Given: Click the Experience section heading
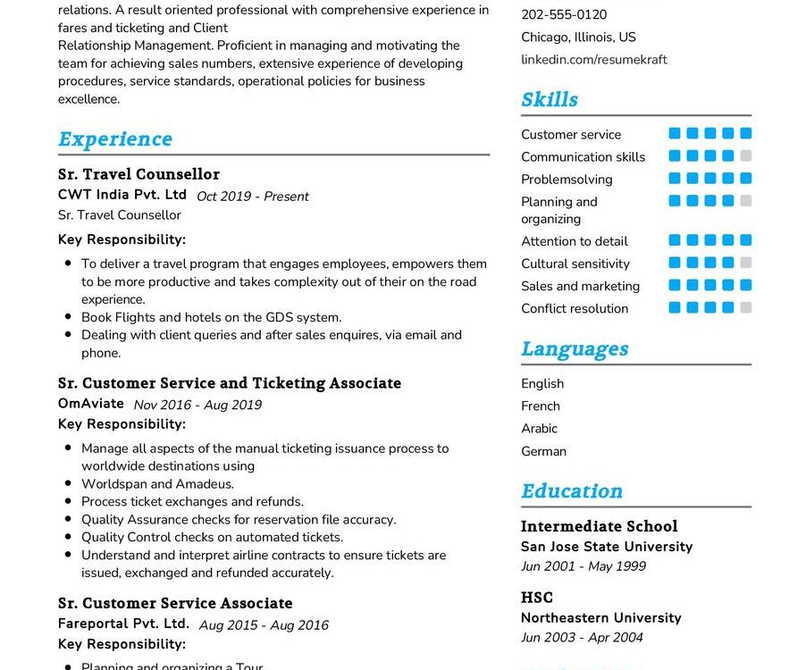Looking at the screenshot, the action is coord(115,139).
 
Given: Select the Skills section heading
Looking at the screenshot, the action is coord(550,100).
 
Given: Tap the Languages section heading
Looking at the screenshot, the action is coord(575,349).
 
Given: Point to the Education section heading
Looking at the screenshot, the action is coord(572,491).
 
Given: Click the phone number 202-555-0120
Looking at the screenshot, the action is coord(564,15).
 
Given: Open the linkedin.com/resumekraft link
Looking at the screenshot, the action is coord(594,60).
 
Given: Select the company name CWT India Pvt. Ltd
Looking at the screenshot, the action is coord(122,195).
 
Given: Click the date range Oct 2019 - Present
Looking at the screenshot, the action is coord(253,197).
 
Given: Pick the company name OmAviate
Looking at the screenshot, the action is coord(90,404).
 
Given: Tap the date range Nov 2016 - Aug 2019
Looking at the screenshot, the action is coord(197,405).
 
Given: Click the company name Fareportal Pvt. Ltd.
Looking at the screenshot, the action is coord(123,624).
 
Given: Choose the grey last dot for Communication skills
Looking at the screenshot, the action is coord(746,156).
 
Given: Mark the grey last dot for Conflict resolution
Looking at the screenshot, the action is coord(746,308).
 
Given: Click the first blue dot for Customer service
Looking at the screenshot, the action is coord(675,134).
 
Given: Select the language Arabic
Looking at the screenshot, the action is coord(539,429).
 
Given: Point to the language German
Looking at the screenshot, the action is coord(543,451).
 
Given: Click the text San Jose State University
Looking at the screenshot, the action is coord(607,547).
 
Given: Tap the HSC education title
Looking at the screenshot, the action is coord(537,598).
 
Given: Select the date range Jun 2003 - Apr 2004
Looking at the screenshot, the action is coord(582,638).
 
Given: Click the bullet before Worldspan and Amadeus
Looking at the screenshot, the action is coord(69,484).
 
